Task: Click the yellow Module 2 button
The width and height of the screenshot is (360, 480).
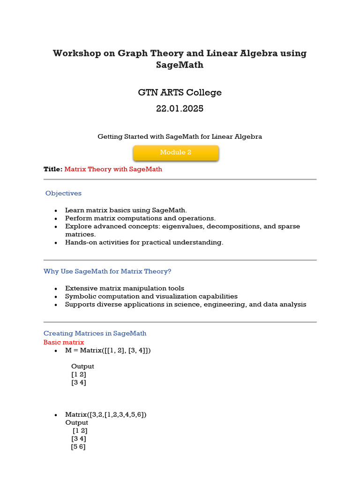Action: click(176, 152)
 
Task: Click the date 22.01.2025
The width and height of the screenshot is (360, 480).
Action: click(180, 108)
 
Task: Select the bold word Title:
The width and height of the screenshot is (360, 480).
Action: click(53, 169)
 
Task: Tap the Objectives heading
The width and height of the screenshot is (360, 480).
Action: click(63, 193)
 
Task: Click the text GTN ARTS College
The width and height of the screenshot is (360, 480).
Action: click(180, 92)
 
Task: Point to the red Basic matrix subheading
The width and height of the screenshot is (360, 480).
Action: click(64, 342)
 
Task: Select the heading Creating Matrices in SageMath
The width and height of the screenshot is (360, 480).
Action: click(95, 333)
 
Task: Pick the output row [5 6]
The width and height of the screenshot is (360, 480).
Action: click(78, 447)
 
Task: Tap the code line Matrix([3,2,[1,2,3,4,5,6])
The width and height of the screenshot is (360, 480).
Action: click(106, 414)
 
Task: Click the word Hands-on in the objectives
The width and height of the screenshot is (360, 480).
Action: click(79, 242)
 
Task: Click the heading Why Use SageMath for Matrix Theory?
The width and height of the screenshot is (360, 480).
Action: click(107, 271)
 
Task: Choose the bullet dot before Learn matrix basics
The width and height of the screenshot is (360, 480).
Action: click(56, 210)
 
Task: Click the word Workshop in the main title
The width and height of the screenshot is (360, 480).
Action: click(77, 53)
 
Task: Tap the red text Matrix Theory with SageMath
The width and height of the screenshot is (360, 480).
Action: click(113, 169)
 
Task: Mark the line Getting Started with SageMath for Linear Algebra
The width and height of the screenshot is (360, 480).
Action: click(180, 136)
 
